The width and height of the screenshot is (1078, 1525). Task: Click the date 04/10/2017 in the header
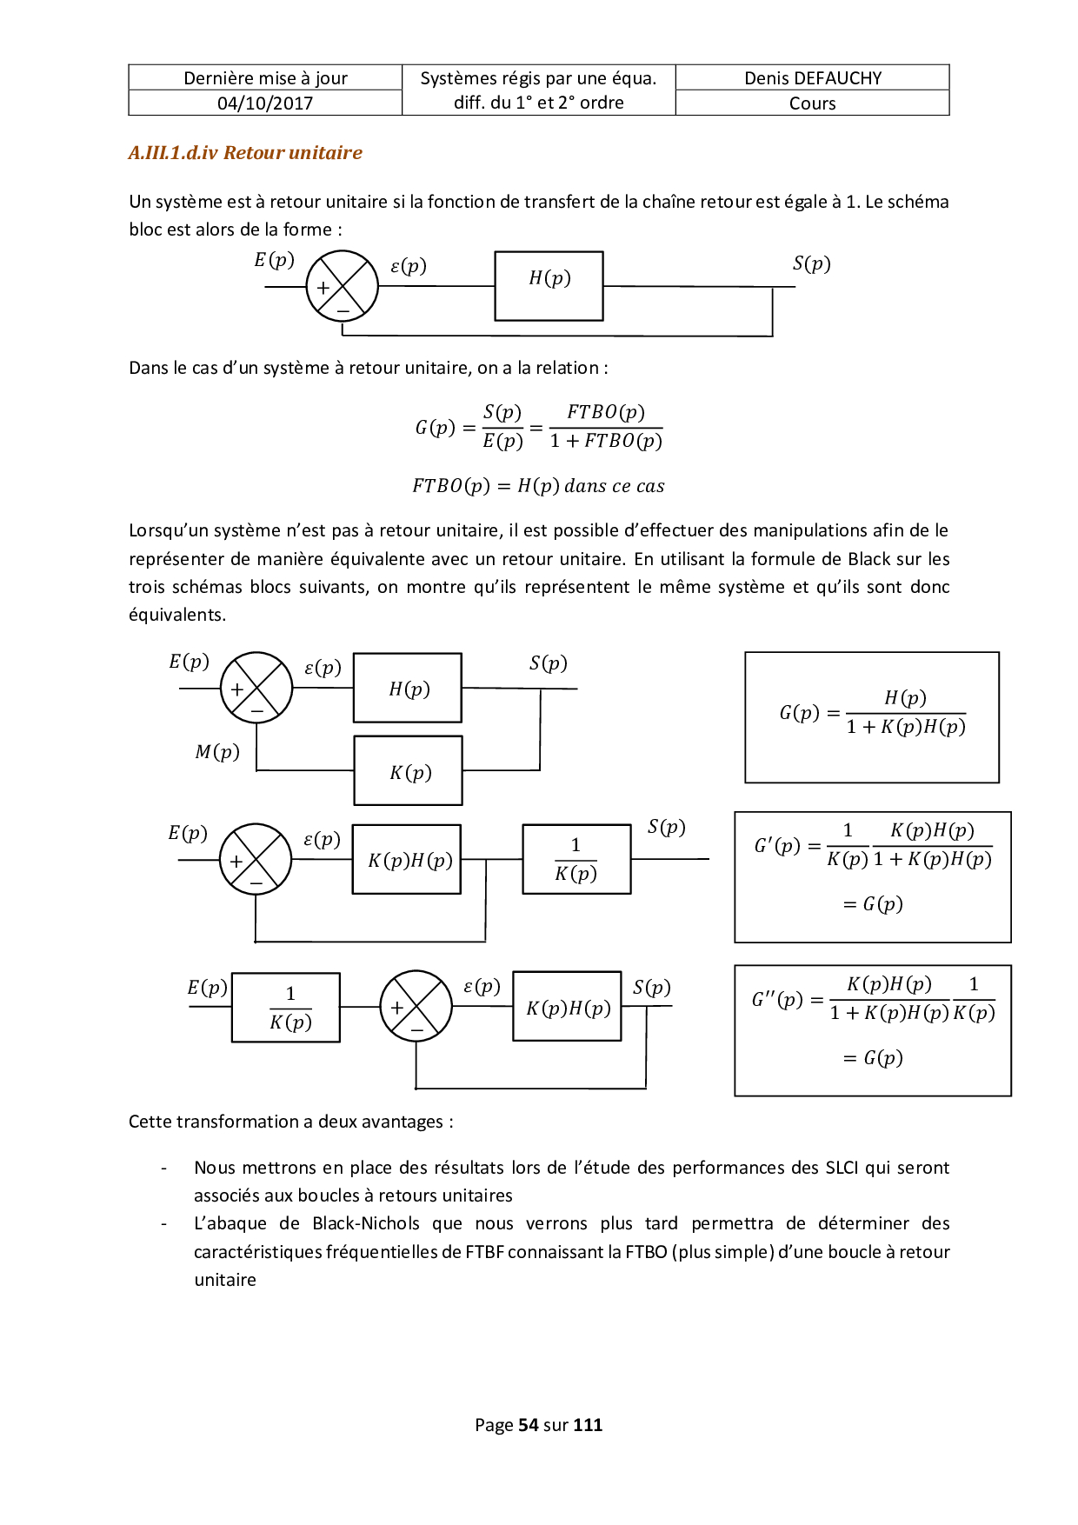pos(265,103)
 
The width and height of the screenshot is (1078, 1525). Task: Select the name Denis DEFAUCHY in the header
pos(812,78)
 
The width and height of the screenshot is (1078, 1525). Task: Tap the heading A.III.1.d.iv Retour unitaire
pos(245,153)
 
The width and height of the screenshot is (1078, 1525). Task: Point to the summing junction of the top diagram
pos(343,287)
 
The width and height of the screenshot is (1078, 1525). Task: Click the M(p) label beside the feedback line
pos(217,752)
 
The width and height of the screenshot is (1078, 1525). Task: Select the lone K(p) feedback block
pos(408,771)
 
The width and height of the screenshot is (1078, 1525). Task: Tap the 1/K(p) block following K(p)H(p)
pos(576,859)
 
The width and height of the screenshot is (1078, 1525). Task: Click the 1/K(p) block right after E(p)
pos(286,1008)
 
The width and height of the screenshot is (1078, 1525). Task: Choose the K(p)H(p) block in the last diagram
pos(568,1007)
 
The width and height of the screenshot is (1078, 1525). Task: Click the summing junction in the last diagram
pos(416,1007)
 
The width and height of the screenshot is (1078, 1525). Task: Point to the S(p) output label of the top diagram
pos(811,264)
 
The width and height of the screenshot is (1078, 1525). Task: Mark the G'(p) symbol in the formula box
pos(775,845)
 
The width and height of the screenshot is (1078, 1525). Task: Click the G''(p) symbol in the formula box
pos(776,999)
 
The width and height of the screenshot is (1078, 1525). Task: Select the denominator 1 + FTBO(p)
pos(606,442)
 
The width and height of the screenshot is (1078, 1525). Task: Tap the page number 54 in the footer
pos(528,1425)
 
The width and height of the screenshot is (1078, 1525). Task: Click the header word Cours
pos(812,103)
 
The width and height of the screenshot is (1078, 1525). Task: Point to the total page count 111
pos(588,1425)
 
